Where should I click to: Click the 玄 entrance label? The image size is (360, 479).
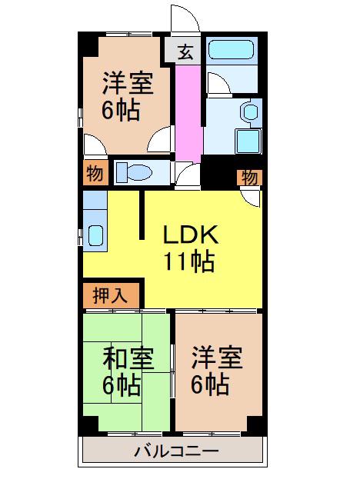point(185,52)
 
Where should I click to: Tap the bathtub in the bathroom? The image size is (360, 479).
point(232,50)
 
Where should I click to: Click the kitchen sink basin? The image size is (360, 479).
point(95,235)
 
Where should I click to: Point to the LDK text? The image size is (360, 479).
point(191,235)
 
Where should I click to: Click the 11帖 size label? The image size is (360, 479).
point(189,262)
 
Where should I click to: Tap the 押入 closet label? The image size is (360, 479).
point(110,295)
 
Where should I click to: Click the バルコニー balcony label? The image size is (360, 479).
point(177,451)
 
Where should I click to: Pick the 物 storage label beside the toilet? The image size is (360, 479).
point(95,174)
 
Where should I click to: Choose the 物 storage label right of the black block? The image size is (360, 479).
point(250,177)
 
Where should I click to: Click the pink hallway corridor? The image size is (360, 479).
point(188,114)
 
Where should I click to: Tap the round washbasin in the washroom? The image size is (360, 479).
point(251,112)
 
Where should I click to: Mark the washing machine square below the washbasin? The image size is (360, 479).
point(248,141)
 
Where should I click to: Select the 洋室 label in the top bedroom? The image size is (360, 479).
point(128,82)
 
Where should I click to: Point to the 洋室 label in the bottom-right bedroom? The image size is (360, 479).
point(217,358)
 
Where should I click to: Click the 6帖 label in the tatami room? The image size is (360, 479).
point(122,385)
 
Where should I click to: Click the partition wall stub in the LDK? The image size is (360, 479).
point(142,215)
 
